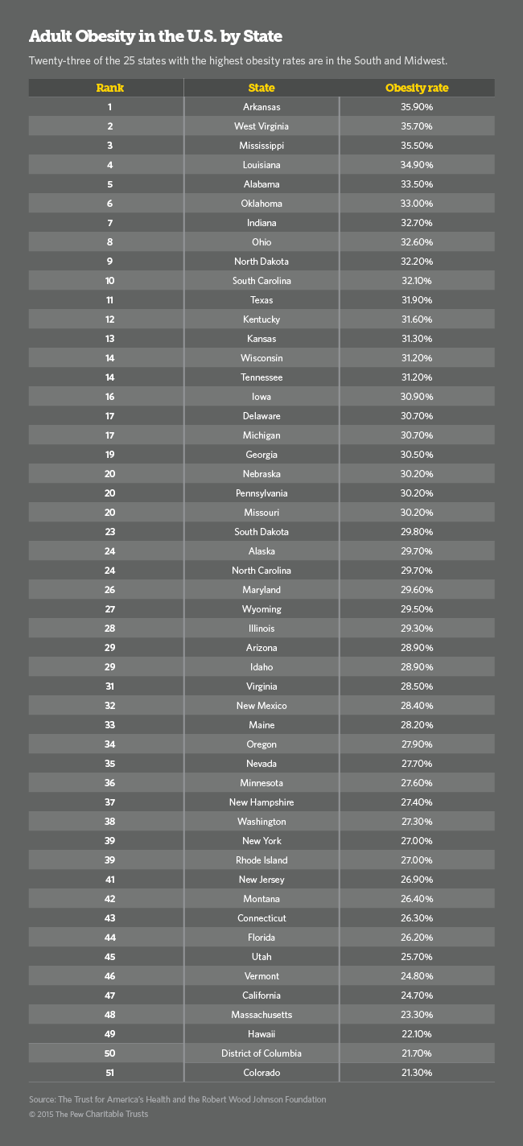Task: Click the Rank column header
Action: (109, 88)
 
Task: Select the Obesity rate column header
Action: (417, 88)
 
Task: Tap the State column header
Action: (261, 88)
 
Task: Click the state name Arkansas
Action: (261, 107)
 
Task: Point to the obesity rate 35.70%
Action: (417, 126)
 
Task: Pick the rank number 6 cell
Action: (109, 204)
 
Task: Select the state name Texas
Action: (261, 300)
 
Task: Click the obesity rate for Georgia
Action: (417, 455)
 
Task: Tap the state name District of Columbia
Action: (261, 1053)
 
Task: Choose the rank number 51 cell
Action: (109, 1073)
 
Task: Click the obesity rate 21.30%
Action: (417, 1073)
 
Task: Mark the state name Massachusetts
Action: (261, 1015)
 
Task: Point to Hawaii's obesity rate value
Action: (417, 1034)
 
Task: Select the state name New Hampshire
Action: (261, 802)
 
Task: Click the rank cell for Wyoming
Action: (109, 609)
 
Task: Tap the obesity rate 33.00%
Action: (417, 204)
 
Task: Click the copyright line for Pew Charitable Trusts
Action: (89, 1114)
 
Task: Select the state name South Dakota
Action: (261, 532)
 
